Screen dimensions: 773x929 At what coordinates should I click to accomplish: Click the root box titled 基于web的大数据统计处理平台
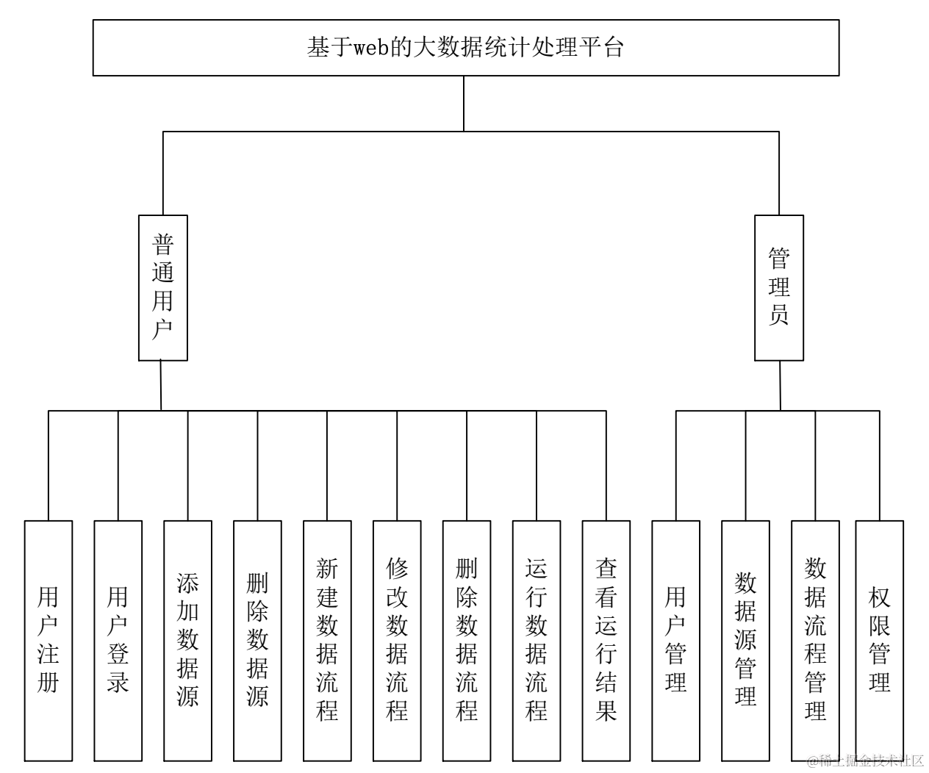(465, 48)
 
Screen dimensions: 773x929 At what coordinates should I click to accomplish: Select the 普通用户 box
(162, 287)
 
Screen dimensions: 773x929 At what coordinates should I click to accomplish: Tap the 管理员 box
(779, 287)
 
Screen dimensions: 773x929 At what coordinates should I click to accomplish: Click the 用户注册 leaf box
(49, 640)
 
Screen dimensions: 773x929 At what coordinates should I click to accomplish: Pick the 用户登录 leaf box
(118, 640)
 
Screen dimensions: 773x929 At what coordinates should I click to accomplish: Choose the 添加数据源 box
(187, 640)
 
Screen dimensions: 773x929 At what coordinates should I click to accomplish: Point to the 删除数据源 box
(257, 640)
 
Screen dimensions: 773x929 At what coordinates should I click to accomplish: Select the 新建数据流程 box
(327, 640)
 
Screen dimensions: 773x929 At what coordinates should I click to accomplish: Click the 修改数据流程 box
(397, 640)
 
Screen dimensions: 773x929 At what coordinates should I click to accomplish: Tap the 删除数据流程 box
(467, 640)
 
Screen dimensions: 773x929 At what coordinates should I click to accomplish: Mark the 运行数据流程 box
(537, 640)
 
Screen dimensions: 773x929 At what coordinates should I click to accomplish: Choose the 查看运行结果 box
(606, 640)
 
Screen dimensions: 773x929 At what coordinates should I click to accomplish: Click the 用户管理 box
(676, 640)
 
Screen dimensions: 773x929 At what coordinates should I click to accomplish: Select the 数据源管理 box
(745, 640)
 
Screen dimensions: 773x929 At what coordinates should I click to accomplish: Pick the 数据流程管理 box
(815, 640)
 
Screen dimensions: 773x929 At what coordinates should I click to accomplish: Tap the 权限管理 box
(879, 640)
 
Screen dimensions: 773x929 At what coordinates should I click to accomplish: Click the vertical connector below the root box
(464, 103)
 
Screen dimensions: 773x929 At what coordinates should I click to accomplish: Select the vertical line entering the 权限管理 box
(879, 467)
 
